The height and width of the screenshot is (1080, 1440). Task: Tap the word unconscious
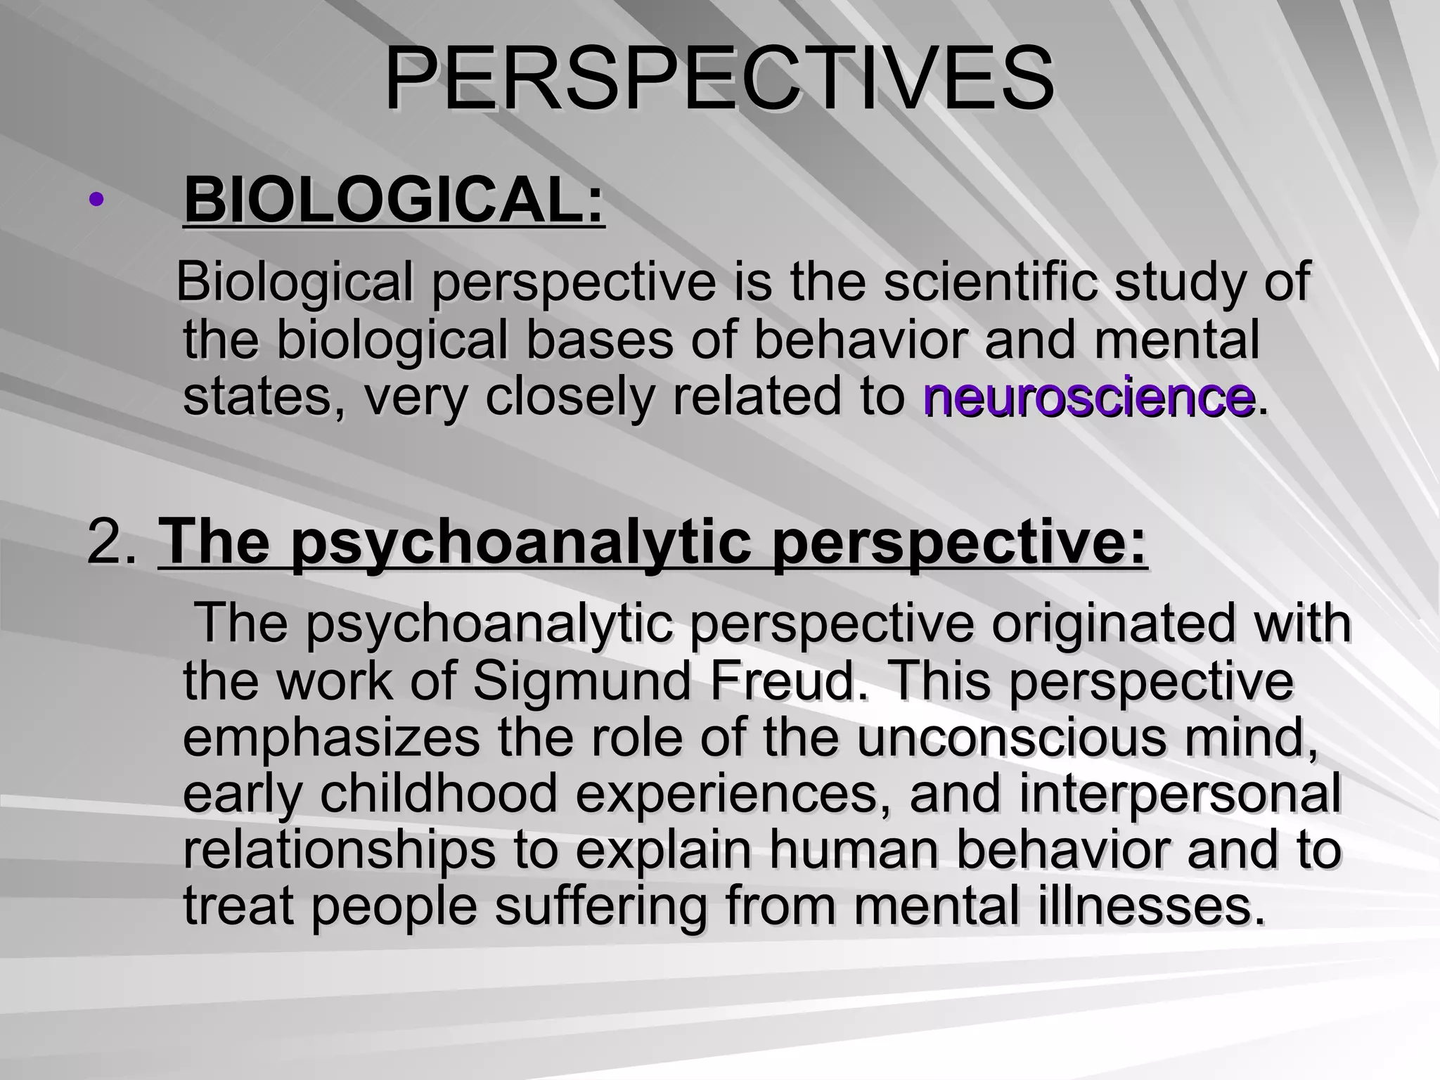[x=1011, y=738]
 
